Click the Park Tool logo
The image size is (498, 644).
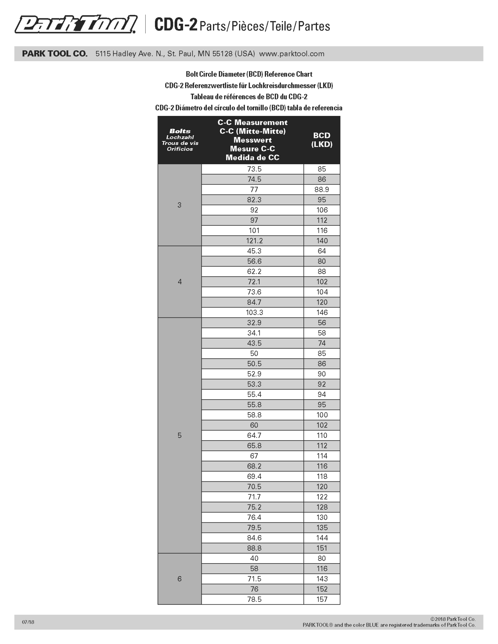pos(76,24)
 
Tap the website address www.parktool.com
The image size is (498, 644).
pos(292,54)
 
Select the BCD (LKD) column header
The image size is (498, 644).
pos(321,140)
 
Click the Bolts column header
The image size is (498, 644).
pos(180,140)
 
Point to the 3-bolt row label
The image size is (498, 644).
pos(179,205)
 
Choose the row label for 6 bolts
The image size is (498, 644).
pos(179,579)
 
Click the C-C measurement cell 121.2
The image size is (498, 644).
pos(254,241)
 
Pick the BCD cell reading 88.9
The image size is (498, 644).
pos(321,189)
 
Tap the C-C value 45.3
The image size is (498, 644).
pos(254,251)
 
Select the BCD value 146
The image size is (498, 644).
pos(321,312)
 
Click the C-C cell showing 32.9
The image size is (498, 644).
pos(254,323)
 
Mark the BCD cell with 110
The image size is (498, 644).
pos(321,435)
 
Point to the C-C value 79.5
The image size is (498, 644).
pos(254,527)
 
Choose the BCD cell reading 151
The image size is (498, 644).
pos(321,548)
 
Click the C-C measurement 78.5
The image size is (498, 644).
pos(254,599)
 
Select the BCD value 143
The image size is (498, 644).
pos(321,579)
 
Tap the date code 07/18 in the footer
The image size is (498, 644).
pos(28,622)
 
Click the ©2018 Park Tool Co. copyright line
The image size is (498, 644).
pos(453,619)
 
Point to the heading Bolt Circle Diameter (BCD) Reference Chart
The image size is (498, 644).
pos(249,74)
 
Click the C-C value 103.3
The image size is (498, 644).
pos(254,312)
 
